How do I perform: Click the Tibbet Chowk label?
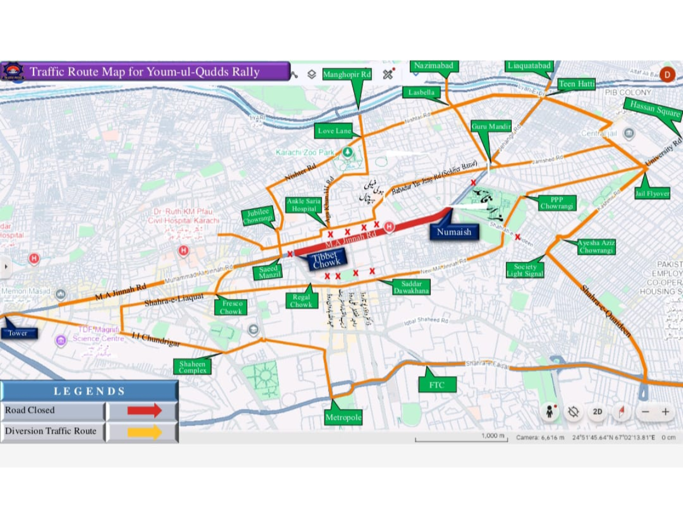point(326,259)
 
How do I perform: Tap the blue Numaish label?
point(454,232)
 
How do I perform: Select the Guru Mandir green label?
point(491,127)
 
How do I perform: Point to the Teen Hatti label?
point(577,84)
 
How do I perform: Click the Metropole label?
point(343,418)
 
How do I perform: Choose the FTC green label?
point(437,385)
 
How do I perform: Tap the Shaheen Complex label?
point(192,367)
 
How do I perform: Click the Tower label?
point(18,333)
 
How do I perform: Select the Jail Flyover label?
point(652,193)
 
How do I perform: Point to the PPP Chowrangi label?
point(557,203)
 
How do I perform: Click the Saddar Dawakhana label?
point(412,287)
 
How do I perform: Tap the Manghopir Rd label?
point(347,75)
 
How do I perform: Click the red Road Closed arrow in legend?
point(145,410)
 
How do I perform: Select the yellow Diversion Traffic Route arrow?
point(145,432)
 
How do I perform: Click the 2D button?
point(597,412)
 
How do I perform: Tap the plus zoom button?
point(665,412)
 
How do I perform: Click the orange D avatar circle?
point(667,74)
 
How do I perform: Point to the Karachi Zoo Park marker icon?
point(347,152)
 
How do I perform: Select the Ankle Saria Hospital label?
point(304,205)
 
